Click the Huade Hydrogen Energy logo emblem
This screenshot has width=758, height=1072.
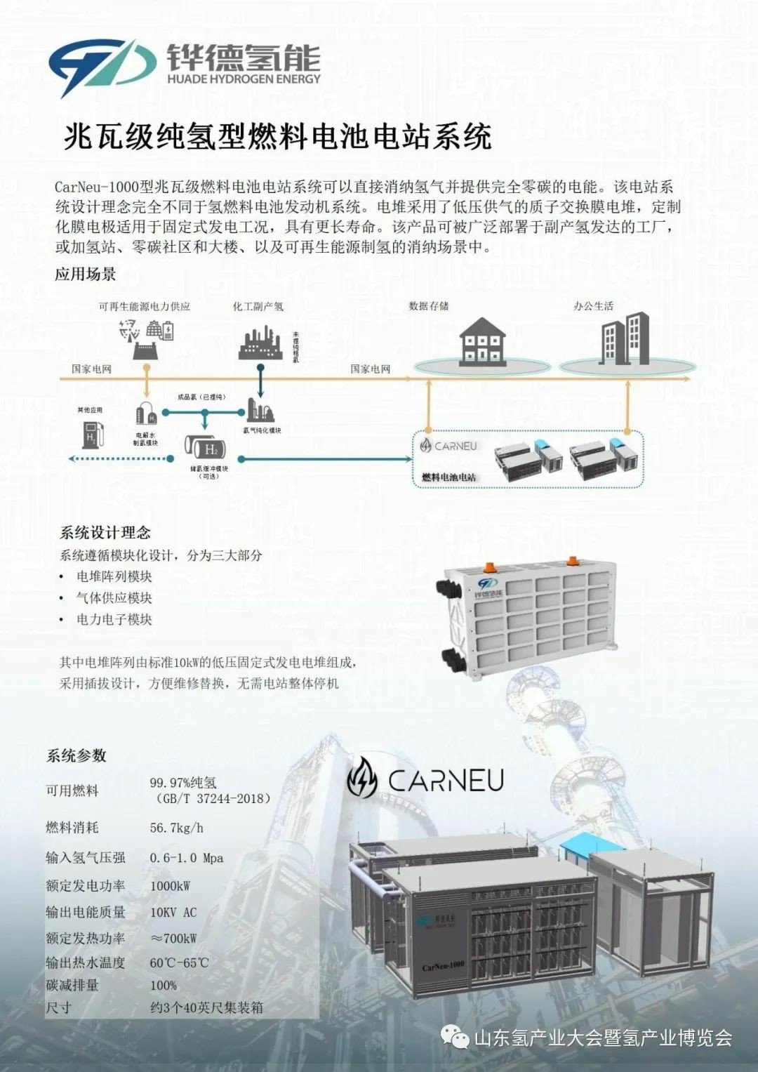tap(102, 66)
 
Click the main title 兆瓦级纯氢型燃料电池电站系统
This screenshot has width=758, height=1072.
tap(277, 136)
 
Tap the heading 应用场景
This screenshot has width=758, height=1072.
tap(86, 274)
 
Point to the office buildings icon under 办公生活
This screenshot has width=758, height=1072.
tap(623, 339)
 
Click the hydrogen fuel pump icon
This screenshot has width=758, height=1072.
tap(94, 434)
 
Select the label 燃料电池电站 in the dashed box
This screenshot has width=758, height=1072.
tap(448, 477)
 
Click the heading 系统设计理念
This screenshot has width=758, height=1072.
tap(105, 533)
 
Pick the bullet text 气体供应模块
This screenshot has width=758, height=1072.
tap(114, 598)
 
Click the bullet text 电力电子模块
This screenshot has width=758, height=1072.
tap(114, 620)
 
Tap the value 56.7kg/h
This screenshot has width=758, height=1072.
tap(176, 828)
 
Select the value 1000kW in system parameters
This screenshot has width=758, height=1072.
tap(170, 886)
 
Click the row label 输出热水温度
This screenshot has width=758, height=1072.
tap(86, 963)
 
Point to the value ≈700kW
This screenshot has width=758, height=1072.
tap(173, 939)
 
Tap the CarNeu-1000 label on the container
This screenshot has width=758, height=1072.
tap(443, 966)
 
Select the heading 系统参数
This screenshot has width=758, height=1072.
tap(77, 756)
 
